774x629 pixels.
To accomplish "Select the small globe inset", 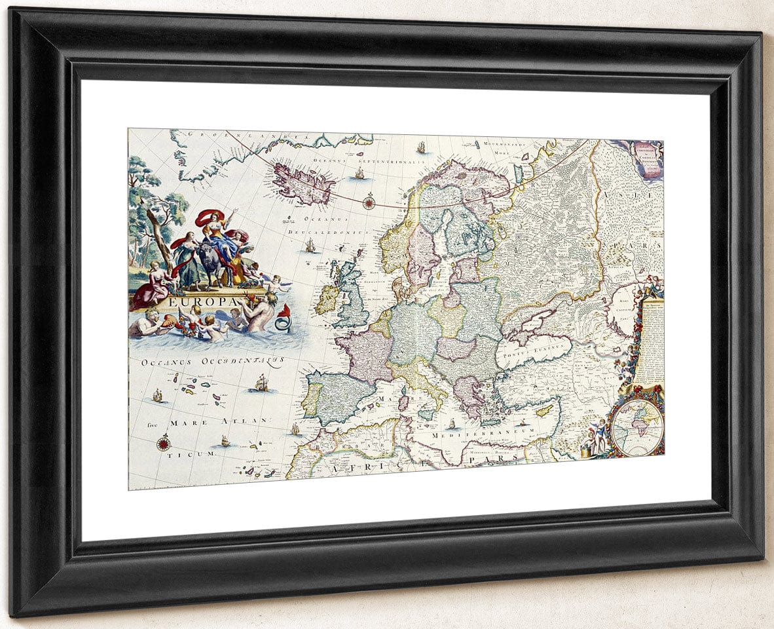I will [x=636, y=428].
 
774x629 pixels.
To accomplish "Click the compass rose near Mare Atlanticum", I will [x=163, y=443].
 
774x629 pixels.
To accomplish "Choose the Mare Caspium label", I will [x=623, y=309].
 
